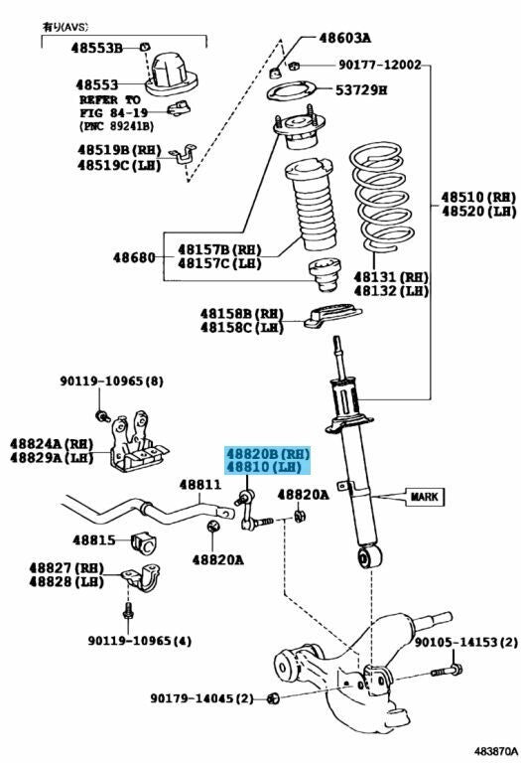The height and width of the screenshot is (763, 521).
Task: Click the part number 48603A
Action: pyautogui.click(x=344, y=38)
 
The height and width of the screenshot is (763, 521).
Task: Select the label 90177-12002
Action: pyautogui.click(x=379, y=65)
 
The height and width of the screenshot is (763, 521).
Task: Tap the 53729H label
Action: pyautogui.click(x=361, y=90)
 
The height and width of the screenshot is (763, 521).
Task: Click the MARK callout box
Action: pyautogui.click(x=425, y=497)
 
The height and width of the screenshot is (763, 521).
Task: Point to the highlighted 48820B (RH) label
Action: pyautogui.click(x=267, y=454)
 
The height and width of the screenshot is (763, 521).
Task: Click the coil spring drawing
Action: pyautogui.click(x=381, y=197)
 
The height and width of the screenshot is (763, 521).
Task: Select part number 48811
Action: pyautogui.click(x=199, y=485)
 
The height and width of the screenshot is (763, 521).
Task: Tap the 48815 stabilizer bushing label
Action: pyautogui.click(x=94, y=539)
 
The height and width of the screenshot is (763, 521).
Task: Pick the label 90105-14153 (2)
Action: pyautogui.click(x=465, y=643)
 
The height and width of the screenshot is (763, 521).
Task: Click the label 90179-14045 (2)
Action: pyautogui.click(x=201, y=698)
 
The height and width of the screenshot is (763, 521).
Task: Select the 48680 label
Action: pyautogui.click(x=134, y=257)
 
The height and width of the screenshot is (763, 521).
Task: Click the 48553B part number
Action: pyautogui.click(x=96, y=48)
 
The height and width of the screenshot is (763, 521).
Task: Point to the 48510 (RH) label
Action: pyautogui.click(x=478, y=197)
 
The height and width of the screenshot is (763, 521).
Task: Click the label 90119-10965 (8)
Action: pyautogui.click(x=112, y=381)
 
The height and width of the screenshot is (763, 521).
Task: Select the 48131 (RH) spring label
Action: pyautogui.click(x=391, y=277)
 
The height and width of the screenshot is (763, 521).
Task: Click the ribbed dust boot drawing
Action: pyautogui.click(x=311, y=205)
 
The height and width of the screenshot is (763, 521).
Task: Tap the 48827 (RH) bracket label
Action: pyautogui.click(x=66, y=568)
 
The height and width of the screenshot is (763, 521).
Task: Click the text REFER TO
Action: pyautogui.click(x=110, y=99)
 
